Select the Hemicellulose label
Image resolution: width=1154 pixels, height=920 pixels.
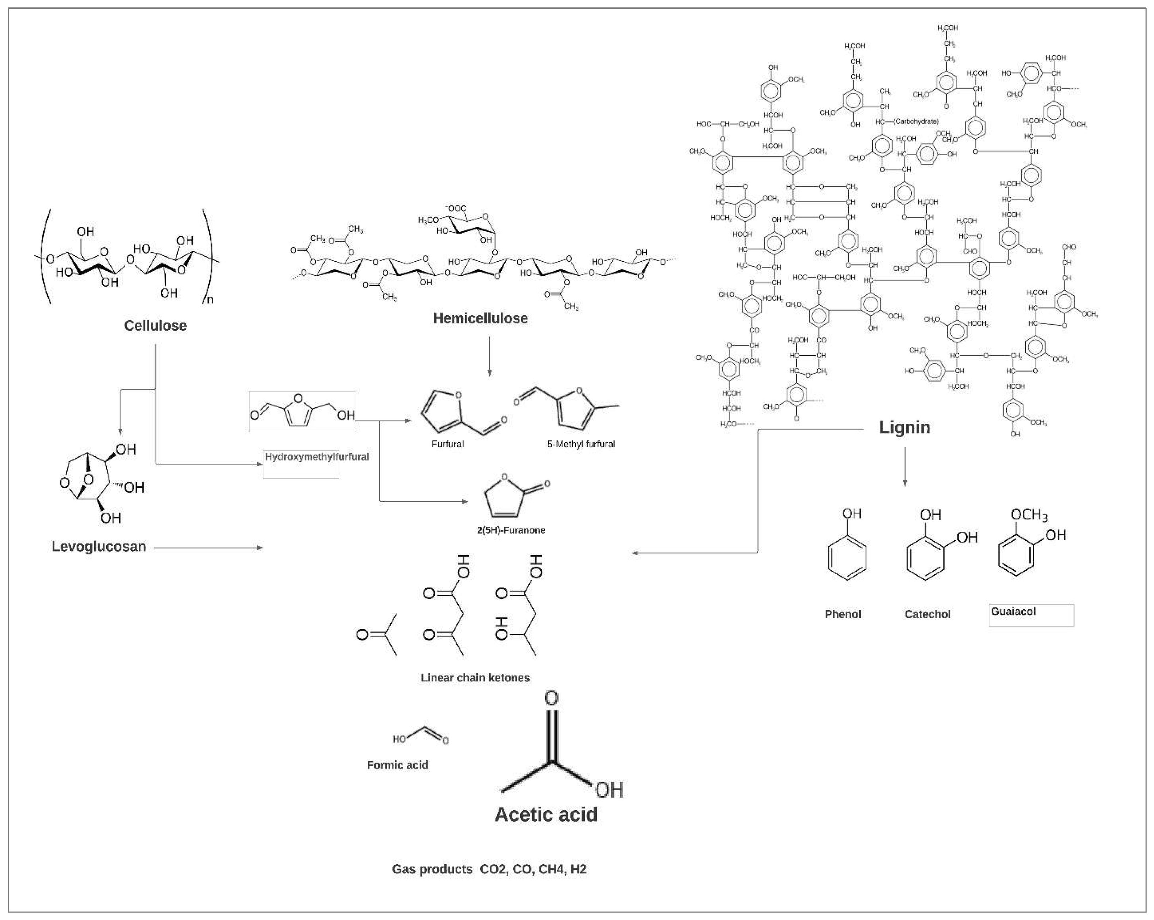(x=480, y=318)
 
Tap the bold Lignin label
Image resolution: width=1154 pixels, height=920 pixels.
(x=904, y=427)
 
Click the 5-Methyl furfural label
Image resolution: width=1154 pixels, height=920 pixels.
(x=581, y=444)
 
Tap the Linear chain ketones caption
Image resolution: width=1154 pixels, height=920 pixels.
(x=475, y=678)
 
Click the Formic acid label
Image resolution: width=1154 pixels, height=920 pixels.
(x=397, y=765)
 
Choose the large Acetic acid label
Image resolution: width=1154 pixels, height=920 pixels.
(x=546, y=814)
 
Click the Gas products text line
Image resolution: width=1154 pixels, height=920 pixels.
(x=489, y=868)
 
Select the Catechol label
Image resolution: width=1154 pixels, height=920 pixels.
(x=927, y=614)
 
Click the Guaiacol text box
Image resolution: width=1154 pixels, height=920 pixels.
(x=1030, y=614)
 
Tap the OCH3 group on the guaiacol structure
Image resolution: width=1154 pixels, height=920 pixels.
(x=1028, y=515)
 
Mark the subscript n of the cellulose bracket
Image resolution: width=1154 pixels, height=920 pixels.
(x=210, y=300)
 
